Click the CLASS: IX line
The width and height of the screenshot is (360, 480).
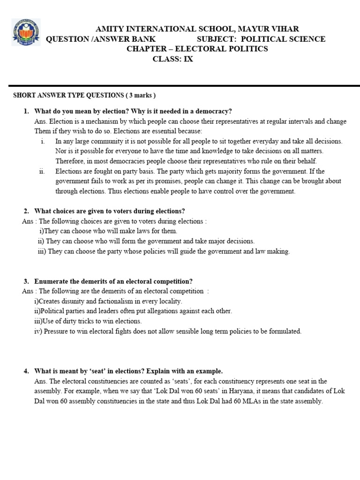click(x=173, y=59)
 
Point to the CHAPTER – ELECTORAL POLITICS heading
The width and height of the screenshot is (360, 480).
click(x=197, y=49)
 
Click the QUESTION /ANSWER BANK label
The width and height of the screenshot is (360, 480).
click(x=100, y=39)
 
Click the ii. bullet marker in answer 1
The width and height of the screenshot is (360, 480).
click(x=42, y=171)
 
